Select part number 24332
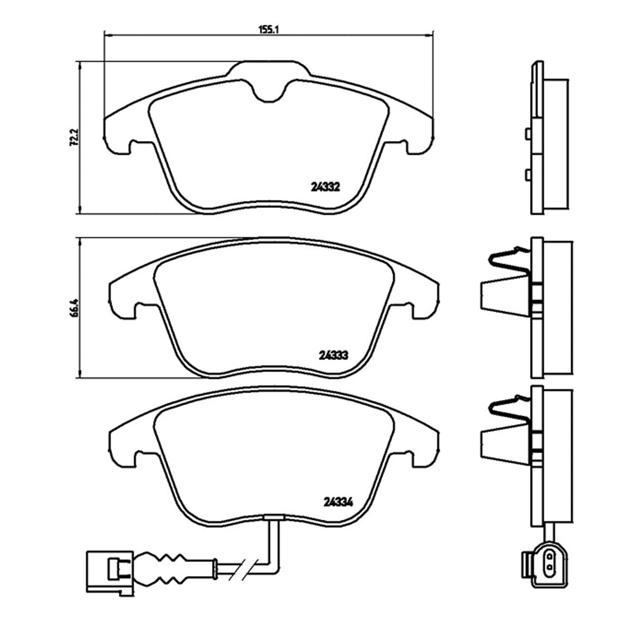(326, 187)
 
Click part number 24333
(333, 355)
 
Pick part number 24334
(338, 503)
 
